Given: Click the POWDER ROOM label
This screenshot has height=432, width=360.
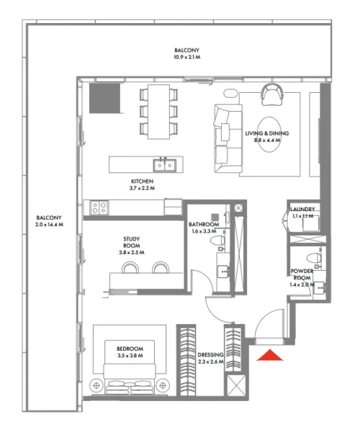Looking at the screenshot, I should click(302, 275).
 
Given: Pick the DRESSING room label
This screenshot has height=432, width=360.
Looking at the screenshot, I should click(211, 356).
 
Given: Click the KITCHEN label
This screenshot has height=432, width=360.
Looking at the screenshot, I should click(142, 181).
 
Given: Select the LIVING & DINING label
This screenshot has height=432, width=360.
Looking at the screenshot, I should click(262, 134).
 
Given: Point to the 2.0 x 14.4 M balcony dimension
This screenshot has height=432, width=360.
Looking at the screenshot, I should click(49, 225).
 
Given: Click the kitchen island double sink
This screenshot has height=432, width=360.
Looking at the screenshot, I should click(166, 165).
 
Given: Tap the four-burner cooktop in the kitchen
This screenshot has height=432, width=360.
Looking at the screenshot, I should click(99, 208).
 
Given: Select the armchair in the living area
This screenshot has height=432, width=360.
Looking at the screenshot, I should click(273, 93).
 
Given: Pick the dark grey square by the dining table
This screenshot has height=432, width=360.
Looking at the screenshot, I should click(103, 97).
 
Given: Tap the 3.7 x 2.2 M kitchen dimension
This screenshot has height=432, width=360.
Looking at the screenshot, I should click(142, 188).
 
